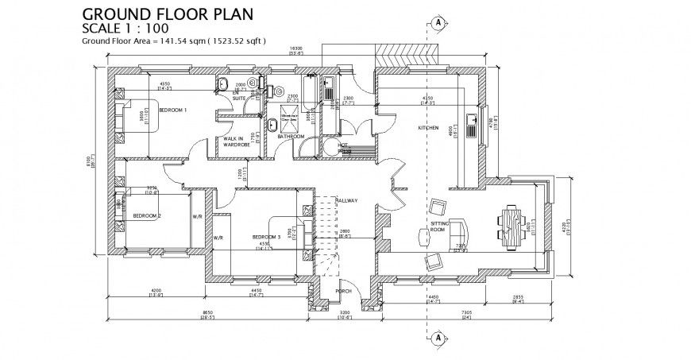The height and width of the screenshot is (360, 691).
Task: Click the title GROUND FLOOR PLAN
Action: pyautogui.click(x=168, y=14)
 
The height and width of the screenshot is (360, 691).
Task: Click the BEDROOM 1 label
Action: pyautogui.click(x=172, y=110)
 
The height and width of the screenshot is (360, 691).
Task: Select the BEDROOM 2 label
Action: pyautogui.click(x=147, y=216)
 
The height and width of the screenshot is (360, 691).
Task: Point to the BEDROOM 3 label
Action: pyautogui.click(x=266, y=237)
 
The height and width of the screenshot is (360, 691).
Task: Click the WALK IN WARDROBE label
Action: pyautogui.click(x=237, y=142)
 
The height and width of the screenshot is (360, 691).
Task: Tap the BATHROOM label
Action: pyautogui.click(x=291, y=137)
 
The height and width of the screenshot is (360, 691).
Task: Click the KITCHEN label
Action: pyautogui.click(x=429, y=128)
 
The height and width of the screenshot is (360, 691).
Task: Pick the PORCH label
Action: pyautogui.click(x=344, y=291)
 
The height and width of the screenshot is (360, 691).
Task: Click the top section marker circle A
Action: pyautogui.click(x=436, y=22)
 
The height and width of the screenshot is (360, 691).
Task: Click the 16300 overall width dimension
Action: pyautogui.click(x=296, y=49)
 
